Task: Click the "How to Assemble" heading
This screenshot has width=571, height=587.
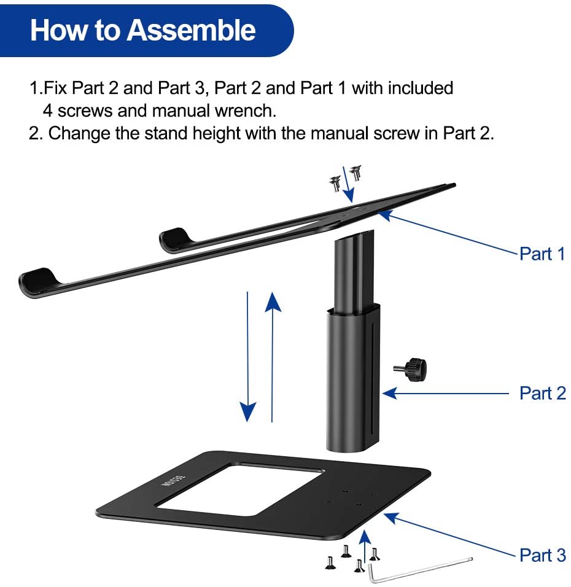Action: [x=142, y=30]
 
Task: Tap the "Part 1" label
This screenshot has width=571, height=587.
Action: [x=542, y=254]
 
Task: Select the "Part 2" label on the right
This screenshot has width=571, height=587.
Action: [x=542, y=393]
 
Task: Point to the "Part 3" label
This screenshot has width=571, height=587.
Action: [x=542, y=555]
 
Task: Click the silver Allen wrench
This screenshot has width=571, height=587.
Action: [x=418, y=569]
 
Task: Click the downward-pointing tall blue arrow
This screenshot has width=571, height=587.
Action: [x=247, y=356]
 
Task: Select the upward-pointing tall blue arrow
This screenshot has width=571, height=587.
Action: [x=272, y=356]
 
